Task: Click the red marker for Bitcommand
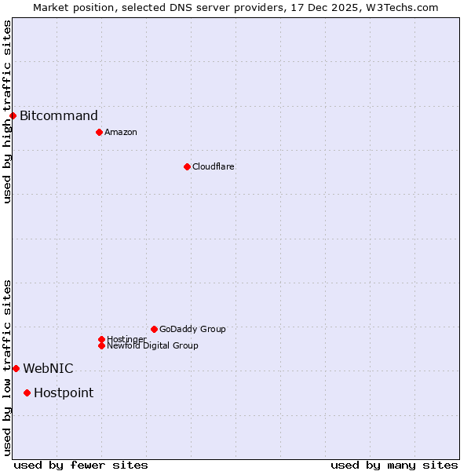[x=13, y=116]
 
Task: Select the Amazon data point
[x=99, y=132]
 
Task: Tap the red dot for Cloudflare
[x=187, y=166]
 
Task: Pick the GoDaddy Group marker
[x=154, y=329]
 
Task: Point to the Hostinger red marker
[x=101, y=339]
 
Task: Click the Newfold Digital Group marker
[x=101, y=345]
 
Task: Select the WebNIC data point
[x=16, y=368]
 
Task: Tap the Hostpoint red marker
[x=27, y=392]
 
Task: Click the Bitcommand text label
[x=59, y=116]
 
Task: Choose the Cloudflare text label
[x=214, y=166]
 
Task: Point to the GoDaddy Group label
[x=192, y=329]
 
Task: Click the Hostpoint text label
[x=64, y=393]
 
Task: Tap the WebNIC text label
[x=48, y=369]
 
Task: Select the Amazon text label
[x=121, y=132]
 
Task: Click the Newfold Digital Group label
[x=153, y=346]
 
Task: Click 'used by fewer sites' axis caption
[x=81, y=465]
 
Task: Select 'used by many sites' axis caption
[x=394, y=465]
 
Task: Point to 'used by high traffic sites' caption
[x=7, y=111]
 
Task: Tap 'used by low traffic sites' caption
[x=7, y=367]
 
